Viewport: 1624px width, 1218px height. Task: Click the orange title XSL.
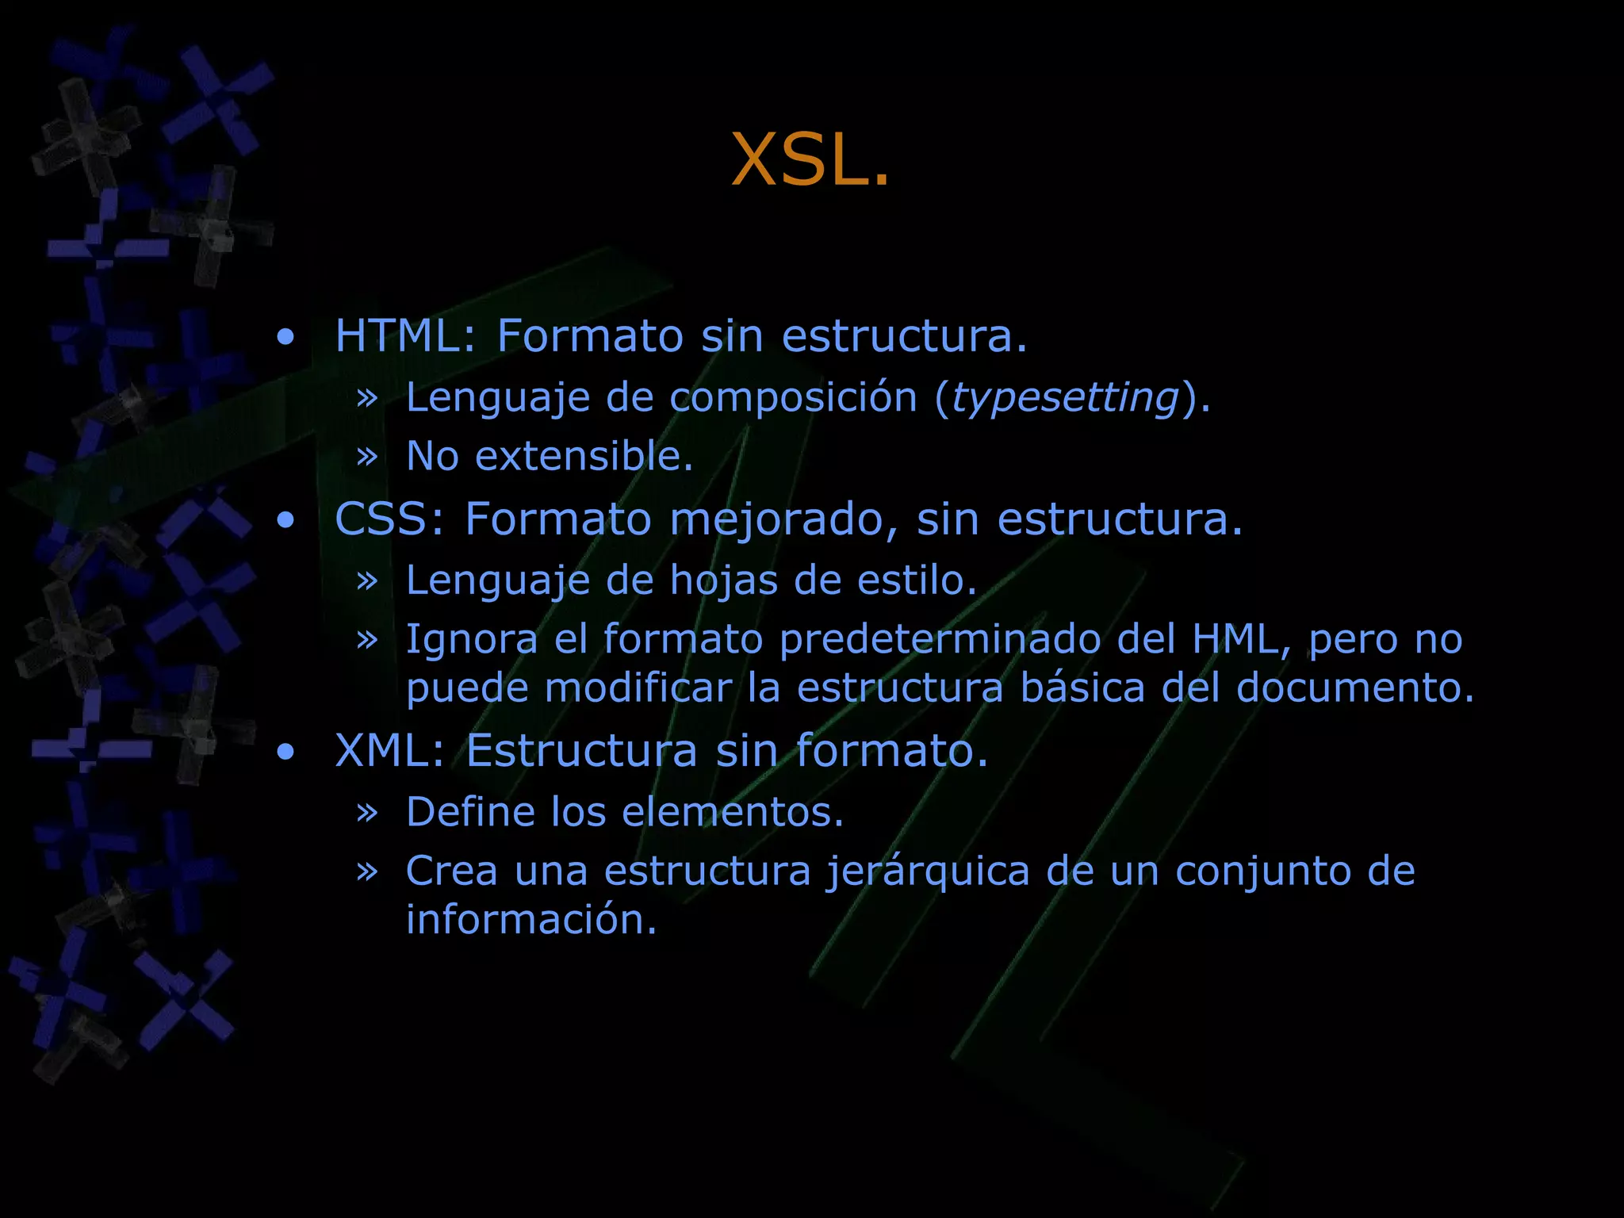point(810,160)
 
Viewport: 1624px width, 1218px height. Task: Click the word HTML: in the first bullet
point(405,335)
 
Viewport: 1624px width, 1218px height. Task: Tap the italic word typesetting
point(1065,396)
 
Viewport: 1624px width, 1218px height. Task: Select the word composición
point(793,396)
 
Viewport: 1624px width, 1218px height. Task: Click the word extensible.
point(584,456)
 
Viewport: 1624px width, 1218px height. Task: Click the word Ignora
point(472,639)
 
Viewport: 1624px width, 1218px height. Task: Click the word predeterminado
point(940,639)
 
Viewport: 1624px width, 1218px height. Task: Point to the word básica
point(1082,688)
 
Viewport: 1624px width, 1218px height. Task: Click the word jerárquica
point(928,872)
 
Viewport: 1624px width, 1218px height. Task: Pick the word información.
point(531,920)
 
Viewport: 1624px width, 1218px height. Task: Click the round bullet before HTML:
point(285,337)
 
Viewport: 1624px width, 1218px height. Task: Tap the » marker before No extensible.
point(366,456)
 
